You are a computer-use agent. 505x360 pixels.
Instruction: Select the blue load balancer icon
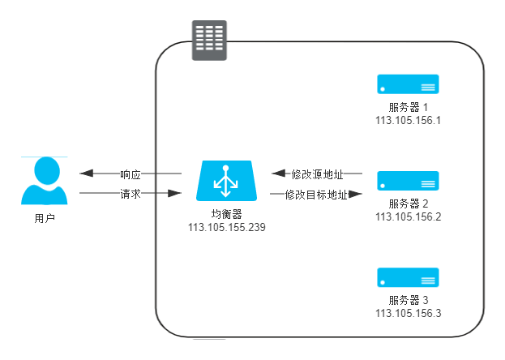(228, 182)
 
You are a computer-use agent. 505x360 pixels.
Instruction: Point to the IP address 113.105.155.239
(227, 228)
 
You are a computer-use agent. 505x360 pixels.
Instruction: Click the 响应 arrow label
(131, 174)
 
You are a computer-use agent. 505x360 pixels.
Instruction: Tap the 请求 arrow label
(131, 195)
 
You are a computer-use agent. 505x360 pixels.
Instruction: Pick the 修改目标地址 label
(317, 195)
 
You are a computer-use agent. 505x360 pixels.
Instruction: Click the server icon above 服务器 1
(408, 84)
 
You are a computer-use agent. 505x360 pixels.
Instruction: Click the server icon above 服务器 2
(408, 180)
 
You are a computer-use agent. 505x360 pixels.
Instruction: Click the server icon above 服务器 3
(408, 276)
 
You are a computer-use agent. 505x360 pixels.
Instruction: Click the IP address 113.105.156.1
(408, 120)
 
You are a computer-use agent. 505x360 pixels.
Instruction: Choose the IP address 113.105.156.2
(408, 216)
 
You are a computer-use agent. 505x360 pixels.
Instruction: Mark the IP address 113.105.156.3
(408, 313)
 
